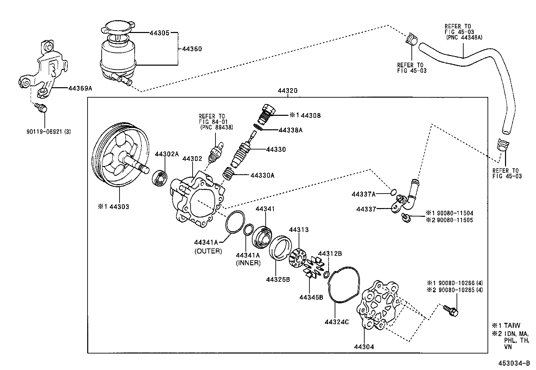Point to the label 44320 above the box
(287, 91)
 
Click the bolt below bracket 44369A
(41, 108)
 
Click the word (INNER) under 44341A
(248, 263)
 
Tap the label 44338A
(290, 130)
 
